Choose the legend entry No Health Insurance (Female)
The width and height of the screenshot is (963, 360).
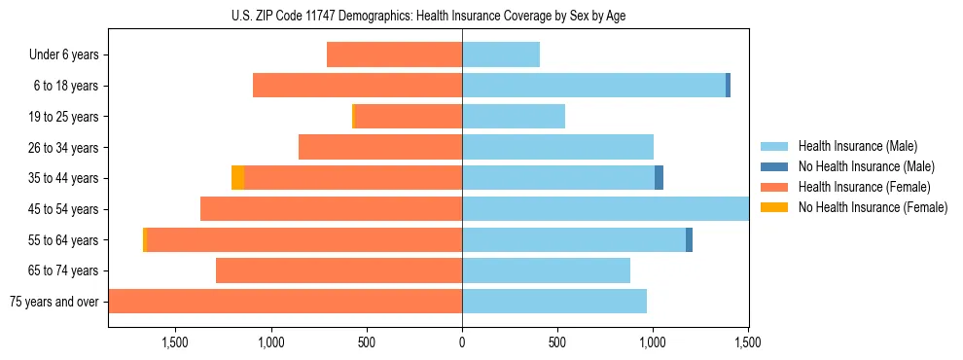coord(873,207)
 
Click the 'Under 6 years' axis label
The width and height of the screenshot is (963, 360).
coord(64,54)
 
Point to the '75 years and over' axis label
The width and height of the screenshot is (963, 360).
coord(54,302)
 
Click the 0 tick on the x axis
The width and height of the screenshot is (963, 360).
coord(462,342)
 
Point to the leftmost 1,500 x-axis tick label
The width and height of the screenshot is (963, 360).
coord(175,342)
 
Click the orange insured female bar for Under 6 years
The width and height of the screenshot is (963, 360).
coord(394,54)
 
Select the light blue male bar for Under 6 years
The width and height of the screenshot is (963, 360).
coord(501,54)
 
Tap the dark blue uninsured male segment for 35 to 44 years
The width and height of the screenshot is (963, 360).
coord(659,178)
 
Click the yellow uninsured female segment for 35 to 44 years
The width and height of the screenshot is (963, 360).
coord(237,178)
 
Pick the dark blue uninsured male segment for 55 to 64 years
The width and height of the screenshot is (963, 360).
coord(689,239)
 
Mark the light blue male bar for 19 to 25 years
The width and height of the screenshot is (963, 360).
coord(514,117)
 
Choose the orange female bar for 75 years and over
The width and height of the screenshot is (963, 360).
coord(285,302)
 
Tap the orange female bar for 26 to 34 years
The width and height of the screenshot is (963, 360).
coord(380,147)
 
